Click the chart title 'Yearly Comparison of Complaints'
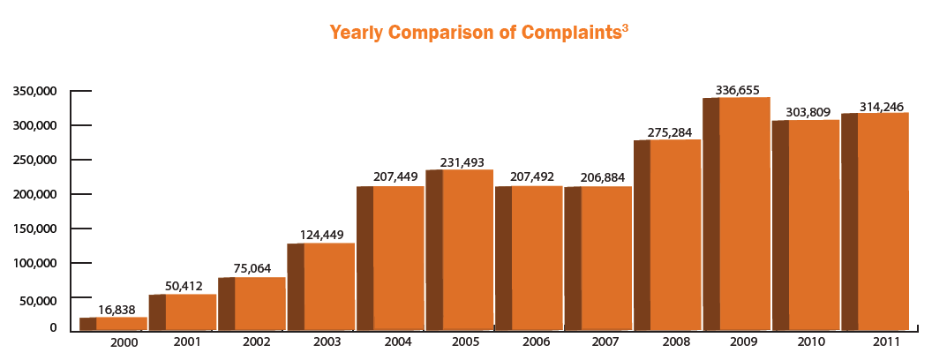[472, 34]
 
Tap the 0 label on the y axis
[53, 328]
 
